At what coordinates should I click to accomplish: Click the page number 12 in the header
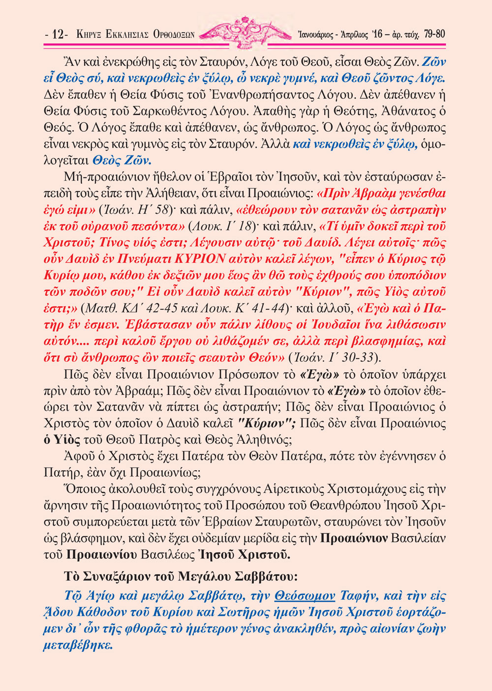pos(59,34)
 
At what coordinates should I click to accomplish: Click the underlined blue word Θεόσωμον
pos(305,596)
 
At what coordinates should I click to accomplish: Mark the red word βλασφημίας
pos(394,341)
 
